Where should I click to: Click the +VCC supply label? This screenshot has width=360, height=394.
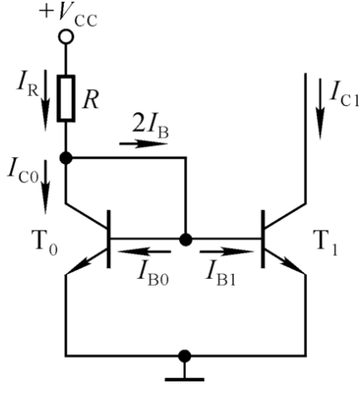click(68, 15)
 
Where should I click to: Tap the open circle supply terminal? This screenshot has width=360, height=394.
click(66, 37)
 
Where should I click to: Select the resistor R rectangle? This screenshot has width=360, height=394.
click(66, 98)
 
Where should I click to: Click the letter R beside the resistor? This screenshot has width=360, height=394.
click(91, 100)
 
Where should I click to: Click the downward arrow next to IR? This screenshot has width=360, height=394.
click(45, 100)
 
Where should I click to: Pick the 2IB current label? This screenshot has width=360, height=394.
click(151, 129)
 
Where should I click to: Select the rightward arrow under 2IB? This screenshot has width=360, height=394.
click(144, 144)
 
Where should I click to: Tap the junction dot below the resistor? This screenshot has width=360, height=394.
click(66, 158)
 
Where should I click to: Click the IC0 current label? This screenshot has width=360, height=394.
click(23, 171)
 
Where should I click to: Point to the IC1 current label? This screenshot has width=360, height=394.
click(344, 94)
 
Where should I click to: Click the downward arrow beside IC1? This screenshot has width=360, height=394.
click(320, 109)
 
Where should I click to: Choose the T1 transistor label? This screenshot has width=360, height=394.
click(326, 242)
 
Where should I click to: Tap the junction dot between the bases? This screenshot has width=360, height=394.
click(185, 239)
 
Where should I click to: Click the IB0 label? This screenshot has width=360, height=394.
click(153, 273)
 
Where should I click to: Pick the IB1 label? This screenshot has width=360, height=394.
click(221, 273)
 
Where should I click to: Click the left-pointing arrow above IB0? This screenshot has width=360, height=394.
click(144, 251)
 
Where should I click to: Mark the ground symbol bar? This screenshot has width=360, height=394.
click(184, 380)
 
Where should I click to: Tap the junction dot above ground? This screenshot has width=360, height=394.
click(184, 356)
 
